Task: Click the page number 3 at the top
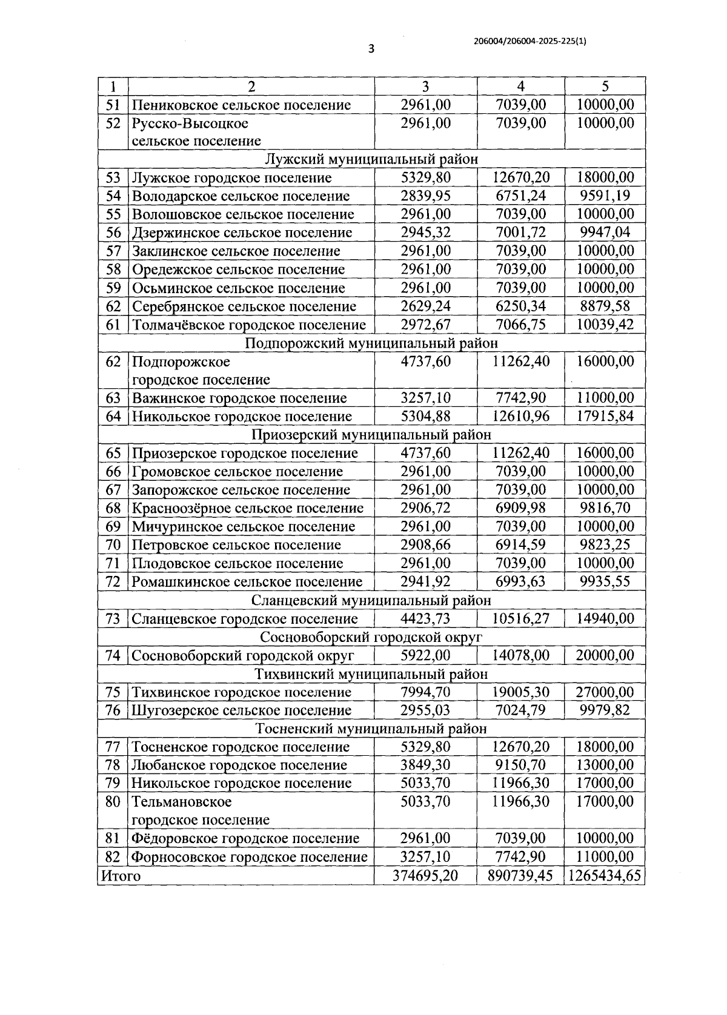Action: (x=371, y=49)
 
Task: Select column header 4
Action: (x=520, y=86)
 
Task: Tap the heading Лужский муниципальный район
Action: (x=371, y=159)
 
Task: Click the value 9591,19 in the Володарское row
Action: (x=605, y=196)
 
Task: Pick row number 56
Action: (x=113, y=233)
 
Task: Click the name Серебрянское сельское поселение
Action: (x=244, y=306)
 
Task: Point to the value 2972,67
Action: (x=425, y=325)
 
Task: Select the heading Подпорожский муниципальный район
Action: (x=371, y=343)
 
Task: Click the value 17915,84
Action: (x=605, y=416)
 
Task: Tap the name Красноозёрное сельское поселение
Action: (x=248, y=508)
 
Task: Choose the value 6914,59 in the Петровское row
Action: (x=520, y=544)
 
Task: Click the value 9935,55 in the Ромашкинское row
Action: (x=605, y=581)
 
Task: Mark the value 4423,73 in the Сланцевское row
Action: (x=425, y=618)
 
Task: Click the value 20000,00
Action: (x=605, y=655)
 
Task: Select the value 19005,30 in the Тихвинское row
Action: (x=520, y=692)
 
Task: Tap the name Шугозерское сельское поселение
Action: (x=242, y=710)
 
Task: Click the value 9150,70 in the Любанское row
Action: (x=520, y=765)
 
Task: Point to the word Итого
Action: (x=121, y=876)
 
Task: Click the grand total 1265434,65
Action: (x=605, y=876)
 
